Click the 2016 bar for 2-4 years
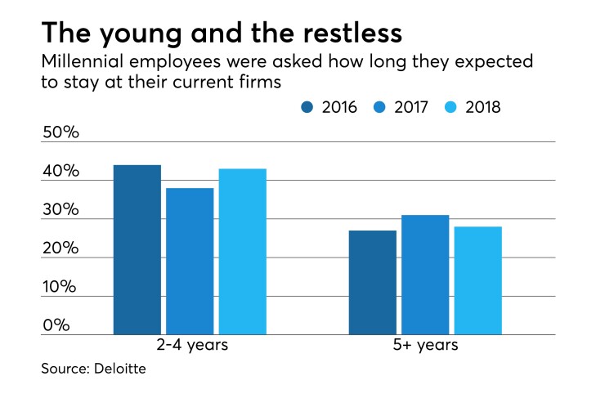(x=137, y=249)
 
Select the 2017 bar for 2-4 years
(x=190, y=261)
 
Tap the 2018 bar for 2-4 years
(x=243, y=251)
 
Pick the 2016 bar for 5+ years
(x=373, y=282)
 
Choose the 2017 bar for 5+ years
(x=425, y=275)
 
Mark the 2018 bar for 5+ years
(x=478, y=280)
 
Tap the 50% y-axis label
(x=61, y=133)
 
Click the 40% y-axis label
(x=61, y=172)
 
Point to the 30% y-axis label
(x=61, y=210)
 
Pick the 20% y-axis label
(x=61, y=248)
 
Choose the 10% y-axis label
(x=61, y=287)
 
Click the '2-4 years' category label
(x=190, y=345)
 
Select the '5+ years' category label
(x=425, y=345)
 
